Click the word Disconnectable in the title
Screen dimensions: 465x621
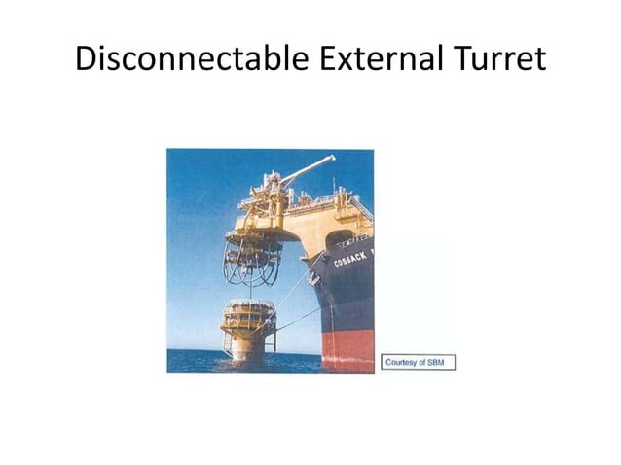coord(191,59)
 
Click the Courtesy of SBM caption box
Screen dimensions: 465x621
coord(419,362)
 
